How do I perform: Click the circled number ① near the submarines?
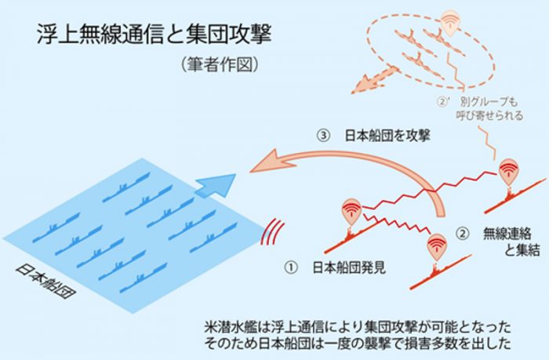[x=291, y=267]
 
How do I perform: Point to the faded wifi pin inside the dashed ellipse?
[x=449, y=21]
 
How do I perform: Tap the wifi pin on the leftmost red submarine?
[x=351, y=212]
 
